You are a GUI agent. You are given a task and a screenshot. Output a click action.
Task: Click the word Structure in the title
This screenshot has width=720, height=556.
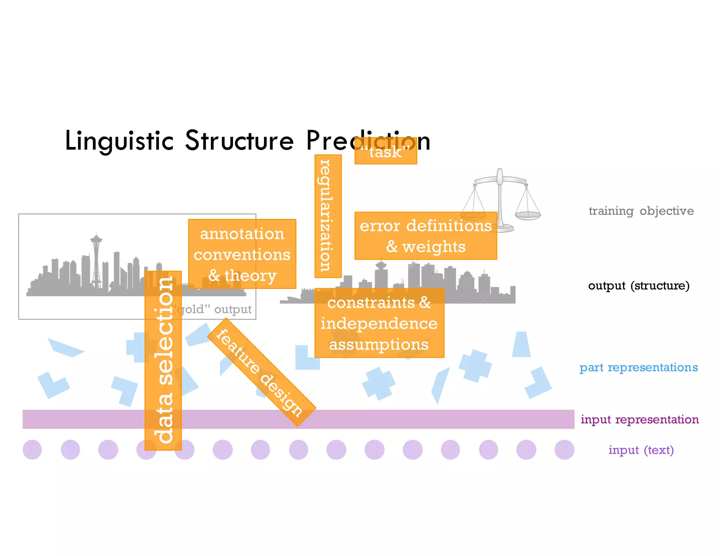click(x=239, y=141)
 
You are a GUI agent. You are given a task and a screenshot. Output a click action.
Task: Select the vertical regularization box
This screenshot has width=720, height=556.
click(x=328, y=216)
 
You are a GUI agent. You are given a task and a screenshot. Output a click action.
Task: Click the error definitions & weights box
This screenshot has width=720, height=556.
click(x=425, y=236)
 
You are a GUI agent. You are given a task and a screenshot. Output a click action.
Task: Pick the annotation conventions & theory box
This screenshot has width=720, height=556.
click(x=242, y=254)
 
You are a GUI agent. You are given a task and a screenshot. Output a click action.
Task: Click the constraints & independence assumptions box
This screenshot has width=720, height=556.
click(x=379, y=323)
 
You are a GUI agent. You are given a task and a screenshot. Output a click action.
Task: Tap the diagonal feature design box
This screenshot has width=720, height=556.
click(x=261, y=372)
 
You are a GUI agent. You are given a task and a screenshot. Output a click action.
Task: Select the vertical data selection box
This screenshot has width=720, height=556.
click(x=163, y=360)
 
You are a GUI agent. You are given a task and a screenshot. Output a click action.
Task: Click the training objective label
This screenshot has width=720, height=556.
click(x=641, y=211)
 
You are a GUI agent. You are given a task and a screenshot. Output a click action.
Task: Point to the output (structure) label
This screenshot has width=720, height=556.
click(x=638, y=285)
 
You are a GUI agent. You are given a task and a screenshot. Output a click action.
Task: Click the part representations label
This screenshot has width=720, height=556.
click(x=638, y=367)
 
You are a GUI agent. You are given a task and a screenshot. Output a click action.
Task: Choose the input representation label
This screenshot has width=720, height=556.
click(x=639, y=419)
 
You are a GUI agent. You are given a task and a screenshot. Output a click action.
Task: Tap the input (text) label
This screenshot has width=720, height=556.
click(x=641, y=450)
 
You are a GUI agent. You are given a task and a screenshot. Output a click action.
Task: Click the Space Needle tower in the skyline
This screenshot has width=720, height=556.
click(x=96, y=260)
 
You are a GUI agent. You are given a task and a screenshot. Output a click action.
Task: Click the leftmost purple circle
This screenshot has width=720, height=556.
click(x=32, y=450)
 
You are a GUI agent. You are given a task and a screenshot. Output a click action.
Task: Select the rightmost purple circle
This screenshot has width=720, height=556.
click(x=564, y=450)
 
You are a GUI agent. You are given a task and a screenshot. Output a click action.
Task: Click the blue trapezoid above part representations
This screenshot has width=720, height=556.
click(x=521, y=344)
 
